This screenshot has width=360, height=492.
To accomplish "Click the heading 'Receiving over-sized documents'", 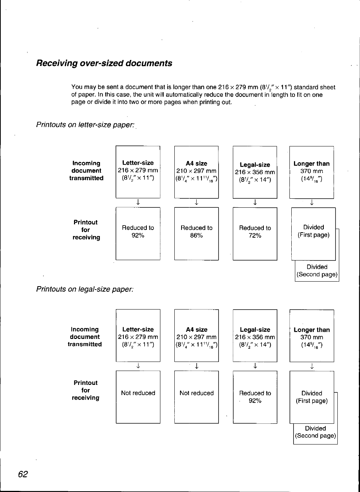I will (104, 63).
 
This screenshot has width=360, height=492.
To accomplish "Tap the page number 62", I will (23, 474).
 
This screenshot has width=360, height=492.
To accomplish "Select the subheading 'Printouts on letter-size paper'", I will (85, 125).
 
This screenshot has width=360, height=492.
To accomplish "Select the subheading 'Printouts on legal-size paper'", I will (85, 289).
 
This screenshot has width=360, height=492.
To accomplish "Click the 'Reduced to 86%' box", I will (196, 233).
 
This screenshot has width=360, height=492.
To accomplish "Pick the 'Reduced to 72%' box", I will (255, 233).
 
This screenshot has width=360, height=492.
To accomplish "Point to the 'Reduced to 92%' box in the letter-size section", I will (138, 233).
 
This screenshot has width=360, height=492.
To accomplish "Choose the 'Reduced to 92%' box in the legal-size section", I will (255, 397).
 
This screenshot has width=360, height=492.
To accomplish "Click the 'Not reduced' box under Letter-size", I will (138, 397).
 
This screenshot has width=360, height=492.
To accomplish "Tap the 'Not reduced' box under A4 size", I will (196, 397).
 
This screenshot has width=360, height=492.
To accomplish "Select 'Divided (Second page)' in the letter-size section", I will (317, 271).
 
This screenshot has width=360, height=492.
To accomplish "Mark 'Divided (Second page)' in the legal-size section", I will (315, 432).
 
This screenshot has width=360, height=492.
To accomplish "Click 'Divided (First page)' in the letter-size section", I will (313, 231).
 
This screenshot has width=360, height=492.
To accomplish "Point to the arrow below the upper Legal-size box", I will (255, 202).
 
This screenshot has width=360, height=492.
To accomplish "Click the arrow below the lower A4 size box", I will (197, 366).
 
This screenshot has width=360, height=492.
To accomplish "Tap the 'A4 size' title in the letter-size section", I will (196, 163).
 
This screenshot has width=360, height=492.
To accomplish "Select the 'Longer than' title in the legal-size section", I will (312, 330).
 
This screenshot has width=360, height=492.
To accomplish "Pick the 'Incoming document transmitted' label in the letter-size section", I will (86, 171).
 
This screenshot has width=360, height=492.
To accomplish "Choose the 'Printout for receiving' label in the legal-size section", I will (86, 390).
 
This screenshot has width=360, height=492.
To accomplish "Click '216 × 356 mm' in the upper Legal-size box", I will (255, 172).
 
